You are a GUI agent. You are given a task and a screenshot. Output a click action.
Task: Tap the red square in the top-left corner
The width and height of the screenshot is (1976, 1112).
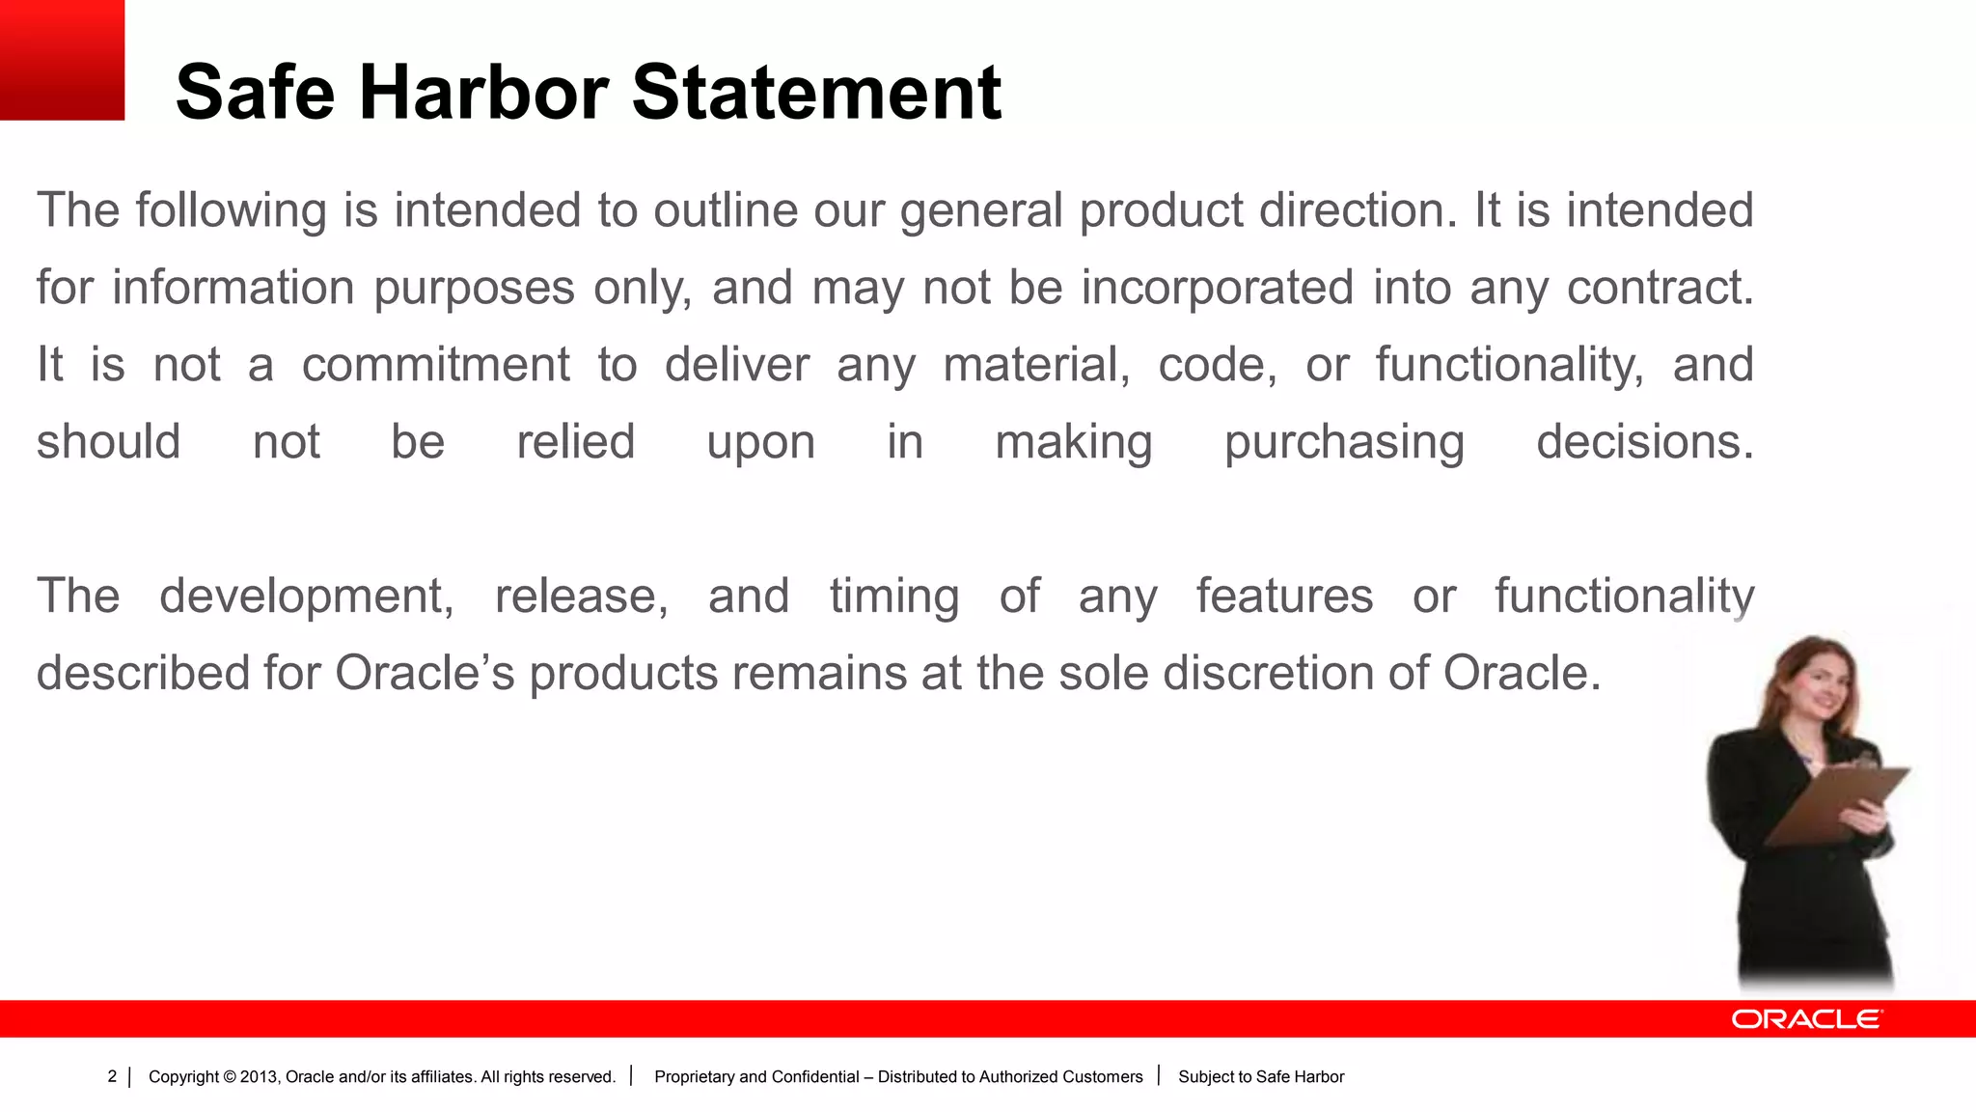(x=62, y=60)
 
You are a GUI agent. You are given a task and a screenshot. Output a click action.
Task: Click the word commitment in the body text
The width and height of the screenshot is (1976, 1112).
(x=435, y=365)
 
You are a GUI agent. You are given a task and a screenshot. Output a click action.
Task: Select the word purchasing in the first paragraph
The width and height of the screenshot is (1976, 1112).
(x=1344, y=442)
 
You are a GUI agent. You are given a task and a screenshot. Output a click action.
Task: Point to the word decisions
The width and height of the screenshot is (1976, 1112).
(x=1644, y=442)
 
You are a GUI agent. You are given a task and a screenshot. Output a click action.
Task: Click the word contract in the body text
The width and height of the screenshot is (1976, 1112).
(x=1659, y=288)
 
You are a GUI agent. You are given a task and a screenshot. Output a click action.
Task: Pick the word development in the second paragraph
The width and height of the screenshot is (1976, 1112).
(x=306, y=596)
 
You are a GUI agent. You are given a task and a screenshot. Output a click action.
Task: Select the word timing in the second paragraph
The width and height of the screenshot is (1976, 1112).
(x=893, y=596)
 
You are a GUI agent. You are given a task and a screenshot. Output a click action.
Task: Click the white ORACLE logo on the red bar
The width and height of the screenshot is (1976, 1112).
(x=1805, y=1019)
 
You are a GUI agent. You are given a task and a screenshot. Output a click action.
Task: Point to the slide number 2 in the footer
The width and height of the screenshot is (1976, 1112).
(x=112, y=1076)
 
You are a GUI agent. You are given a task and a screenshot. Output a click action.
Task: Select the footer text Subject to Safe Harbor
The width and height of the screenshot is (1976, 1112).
(x=1260, y=1076)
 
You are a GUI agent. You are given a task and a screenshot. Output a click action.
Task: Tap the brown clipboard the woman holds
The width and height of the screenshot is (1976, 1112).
(x=1838, y=801)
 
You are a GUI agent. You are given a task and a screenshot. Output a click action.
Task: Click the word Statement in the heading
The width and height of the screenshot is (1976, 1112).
(x=816, y=93)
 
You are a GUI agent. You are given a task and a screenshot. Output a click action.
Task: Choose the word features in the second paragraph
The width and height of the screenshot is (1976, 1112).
(x=1284, y=596)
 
